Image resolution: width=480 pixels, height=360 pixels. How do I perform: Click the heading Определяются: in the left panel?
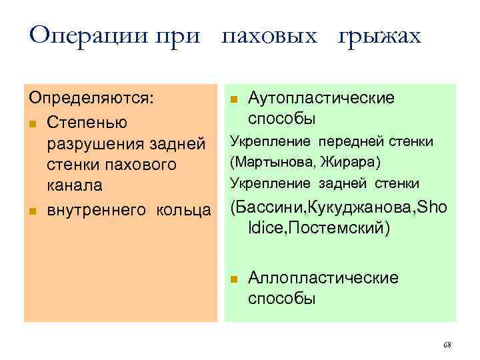pyautogui.click(x=91, y=98)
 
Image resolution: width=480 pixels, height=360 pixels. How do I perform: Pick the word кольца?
pyautogui.click(x=183, y=211)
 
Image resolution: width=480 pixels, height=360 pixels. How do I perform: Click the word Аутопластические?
pyautogui.click(x=321, y=98)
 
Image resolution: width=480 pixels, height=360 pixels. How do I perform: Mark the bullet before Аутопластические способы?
pyautogui.click(x=233, y=99)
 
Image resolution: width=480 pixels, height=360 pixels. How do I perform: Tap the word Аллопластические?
pyautogui.click(x=323, y=277)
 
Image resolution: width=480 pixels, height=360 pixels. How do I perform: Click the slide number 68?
pyautogui.click(x=447, y=345)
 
